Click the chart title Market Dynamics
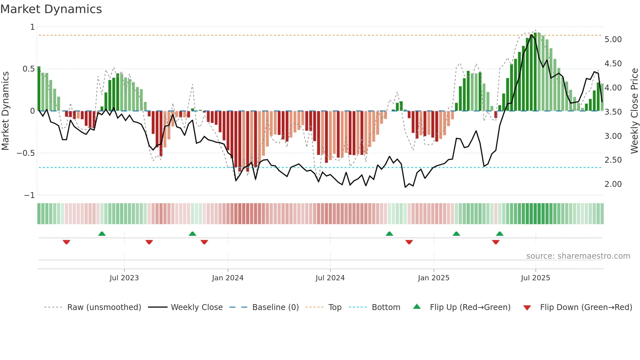click(x=51, y=9)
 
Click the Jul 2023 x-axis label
click(x=124, y=278)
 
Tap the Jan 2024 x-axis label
click(x=228, y=278)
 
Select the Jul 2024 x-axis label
click(x=330, y=278)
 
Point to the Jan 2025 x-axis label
click(x=433, y=278)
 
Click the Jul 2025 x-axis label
click(x=535, y=278)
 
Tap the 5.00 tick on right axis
click(x=613, y=40)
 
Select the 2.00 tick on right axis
click(x=613, y=184)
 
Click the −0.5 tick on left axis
click(x=26, y=153)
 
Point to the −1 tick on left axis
click(x=29, y=195)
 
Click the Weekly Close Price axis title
click(x=634, y=111)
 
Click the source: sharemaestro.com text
click(x=578, y=256)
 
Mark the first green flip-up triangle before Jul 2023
click(x=102, y=234)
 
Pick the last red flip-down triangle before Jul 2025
click(x=495, y=242)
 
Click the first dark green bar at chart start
click(x=39, y=89)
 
